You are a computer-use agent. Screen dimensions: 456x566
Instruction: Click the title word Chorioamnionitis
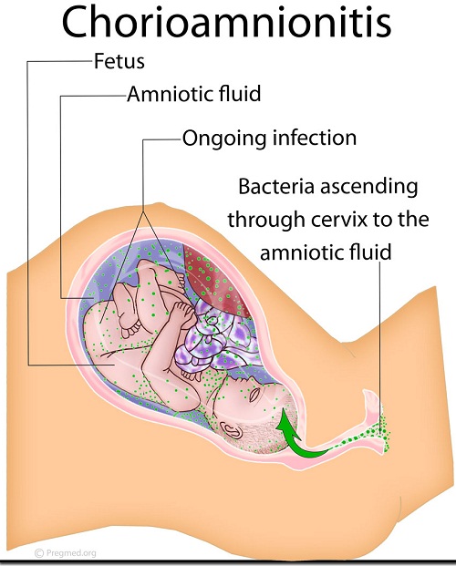click(x=226, y=24)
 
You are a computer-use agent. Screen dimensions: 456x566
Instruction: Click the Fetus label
click(x=119, y=61)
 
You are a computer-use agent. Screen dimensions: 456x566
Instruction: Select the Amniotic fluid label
click(x=193, y=94)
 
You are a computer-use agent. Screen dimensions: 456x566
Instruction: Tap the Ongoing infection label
click(x=269, y=139)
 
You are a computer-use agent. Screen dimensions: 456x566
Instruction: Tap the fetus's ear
click(x=232, y=429)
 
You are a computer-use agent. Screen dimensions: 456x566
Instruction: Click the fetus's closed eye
click(x=254, y=394)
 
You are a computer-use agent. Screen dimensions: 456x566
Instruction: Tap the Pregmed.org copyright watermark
click(x=66, y=552)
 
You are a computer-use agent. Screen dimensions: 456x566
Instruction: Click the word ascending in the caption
click(x=369, y=188)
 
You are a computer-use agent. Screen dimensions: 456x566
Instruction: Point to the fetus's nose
click(x=238, y=381)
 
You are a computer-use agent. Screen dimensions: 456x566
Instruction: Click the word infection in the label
click(x=315, y=138)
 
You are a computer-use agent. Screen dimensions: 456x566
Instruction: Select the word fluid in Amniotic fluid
click(x=240, y=94)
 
